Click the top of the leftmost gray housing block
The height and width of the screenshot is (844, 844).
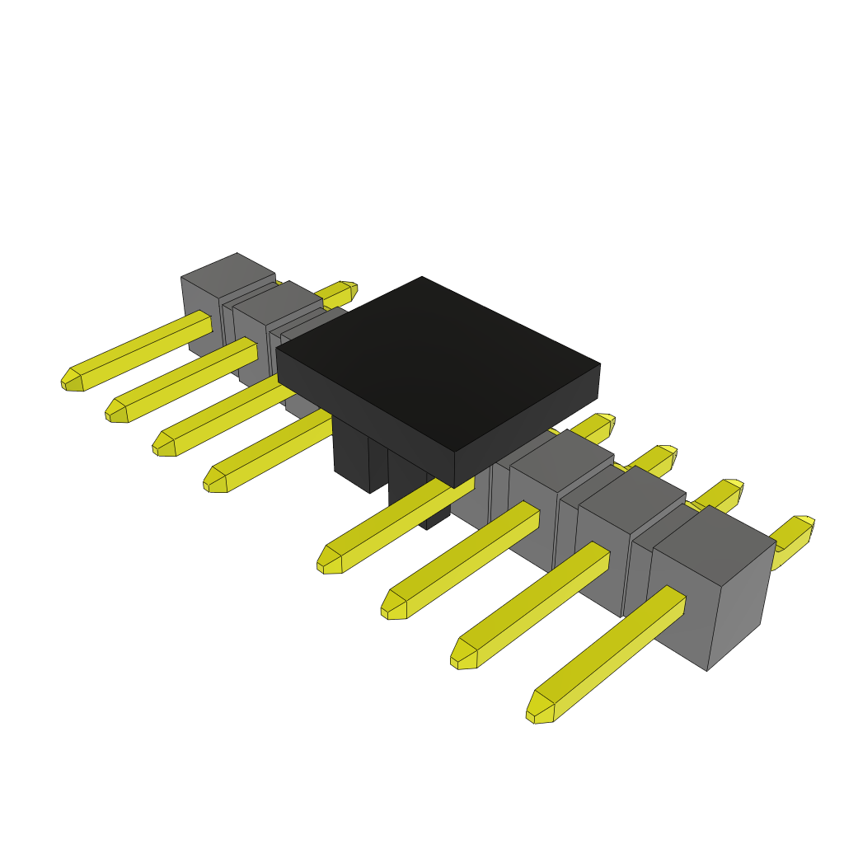228,275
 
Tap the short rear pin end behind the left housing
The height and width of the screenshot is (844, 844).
348,288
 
